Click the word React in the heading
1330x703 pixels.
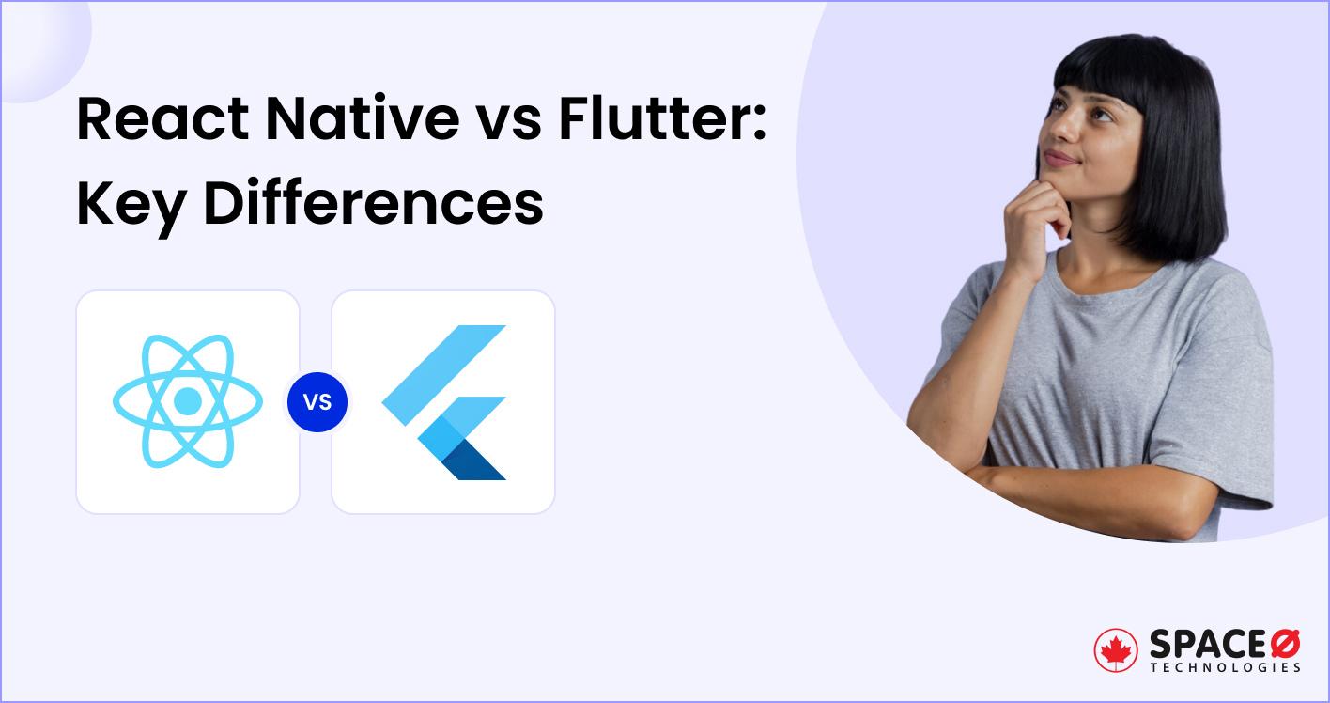click(161, 120)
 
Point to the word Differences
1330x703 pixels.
click(373, 203)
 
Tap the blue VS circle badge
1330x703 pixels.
click(317, 402)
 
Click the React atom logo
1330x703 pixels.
click(188, 402)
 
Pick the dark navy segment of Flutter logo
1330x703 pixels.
click(475, 460)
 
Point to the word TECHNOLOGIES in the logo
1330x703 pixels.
click(1226, 668)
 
